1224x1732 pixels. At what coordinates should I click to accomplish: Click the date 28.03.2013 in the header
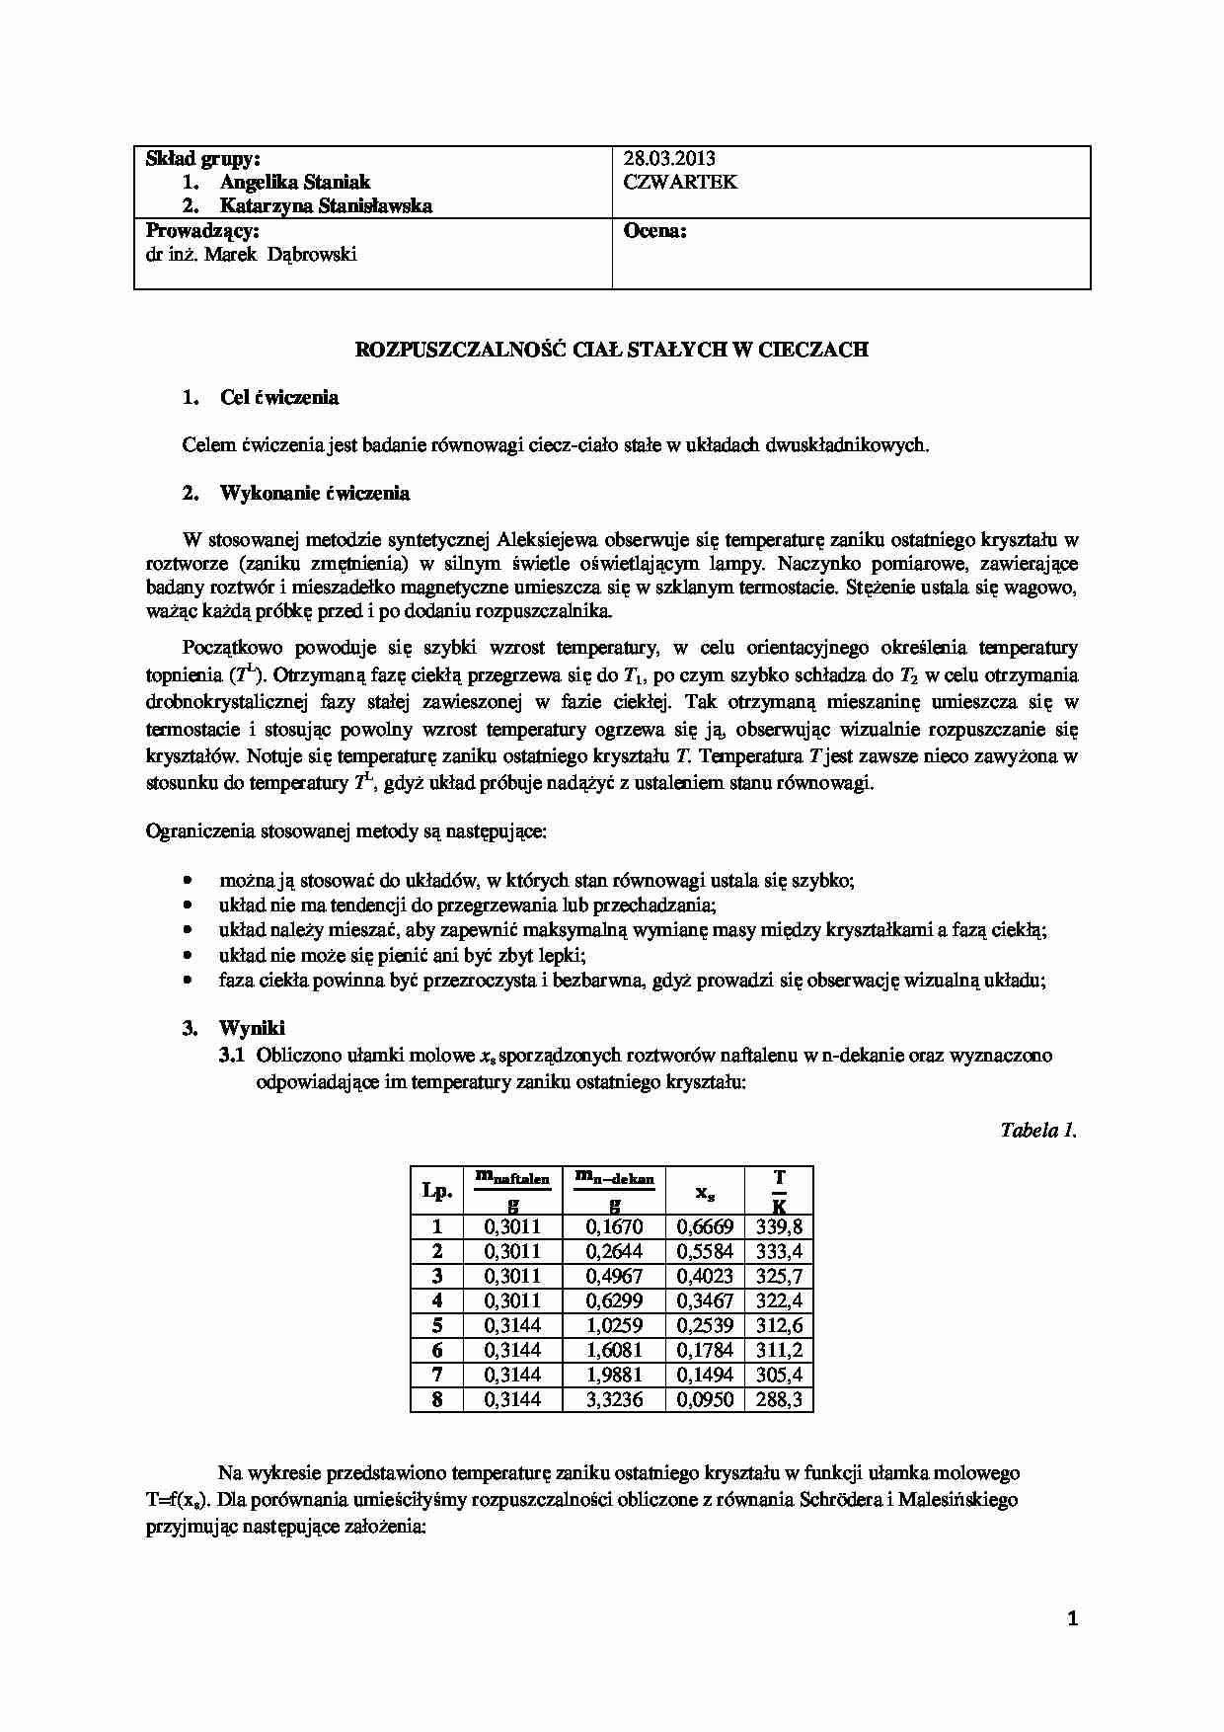[669, 159]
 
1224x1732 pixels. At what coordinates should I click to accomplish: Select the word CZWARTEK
[680, 183]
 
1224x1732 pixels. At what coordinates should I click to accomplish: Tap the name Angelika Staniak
[295, 183]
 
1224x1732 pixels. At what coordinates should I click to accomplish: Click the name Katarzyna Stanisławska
[326, 206]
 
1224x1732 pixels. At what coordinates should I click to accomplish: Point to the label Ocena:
[655, 232]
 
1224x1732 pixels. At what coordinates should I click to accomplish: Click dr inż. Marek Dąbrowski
[252, 255]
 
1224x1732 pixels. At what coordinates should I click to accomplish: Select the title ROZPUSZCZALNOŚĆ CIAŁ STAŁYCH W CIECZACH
[611, 350]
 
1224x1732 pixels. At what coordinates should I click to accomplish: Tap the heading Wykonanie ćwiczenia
[314, 493]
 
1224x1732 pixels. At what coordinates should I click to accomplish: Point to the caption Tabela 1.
[1037, 1131]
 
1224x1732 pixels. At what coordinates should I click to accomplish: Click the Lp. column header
[436, 1191]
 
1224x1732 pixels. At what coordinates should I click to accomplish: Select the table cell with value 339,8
[779, 1227]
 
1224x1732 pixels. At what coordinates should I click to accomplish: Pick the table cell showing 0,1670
[614, 1227]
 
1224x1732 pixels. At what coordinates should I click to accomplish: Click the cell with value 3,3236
[614, 1399]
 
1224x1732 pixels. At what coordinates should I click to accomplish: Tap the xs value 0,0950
[705, 1399]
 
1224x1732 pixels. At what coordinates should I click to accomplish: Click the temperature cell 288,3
[779, 1399]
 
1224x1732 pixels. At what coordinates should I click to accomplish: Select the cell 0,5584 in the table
[705, 1252]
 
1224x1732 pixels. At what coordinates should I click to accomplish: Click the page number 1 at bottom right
[1073, 1618]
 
